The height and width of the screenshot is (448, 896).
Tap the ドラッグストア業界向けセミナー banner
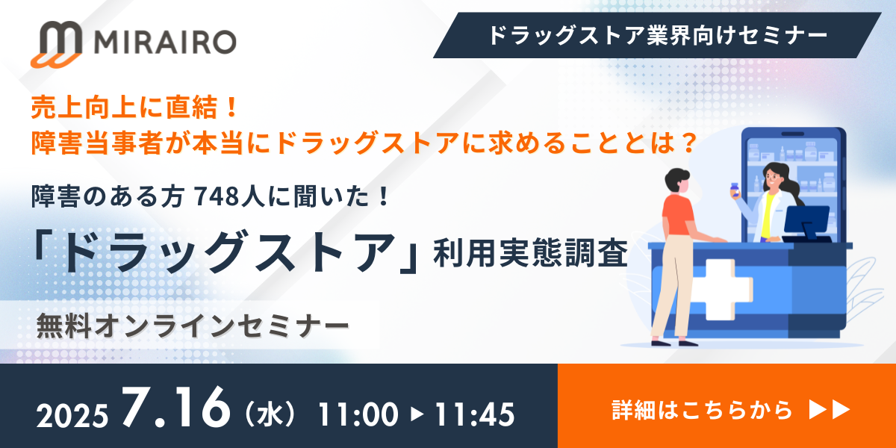tap(656, 35)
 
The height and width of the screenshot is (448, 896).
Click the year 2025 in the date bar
tap(73, 413)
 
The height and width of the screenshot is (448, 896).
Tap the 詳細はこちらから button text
tap(701, 409)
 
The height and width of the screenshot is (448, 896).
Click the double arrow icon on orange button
tap(830, 409)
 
